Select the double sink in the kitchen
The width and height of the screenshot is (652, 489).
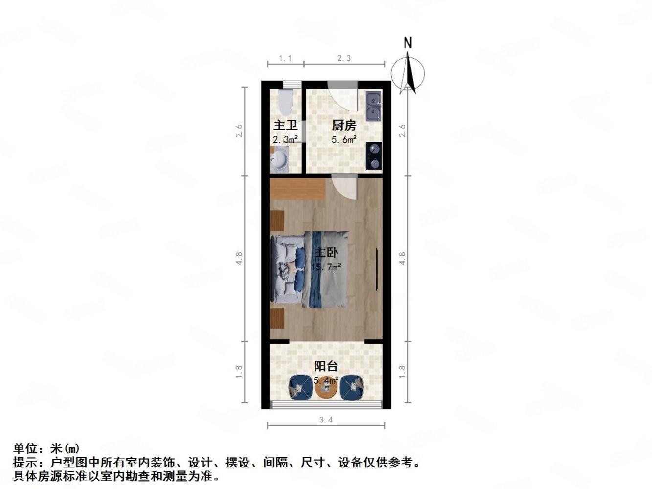[x=373, y=107]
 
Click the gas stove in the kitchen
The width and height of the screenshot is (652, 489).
[x=374, y=156]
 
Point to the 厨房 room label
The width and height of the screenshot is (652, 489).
[x=343, y=126]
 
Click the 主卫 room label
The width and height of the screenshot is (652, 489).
[x=285, y=126]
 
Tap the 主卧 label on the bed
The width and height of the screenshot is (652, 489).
[x=325, y=253]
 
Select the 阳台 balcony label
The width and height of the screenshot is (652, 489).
[x=326, y=366]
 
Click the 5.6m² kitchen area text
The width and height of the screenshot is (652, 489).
[x=343, y=140]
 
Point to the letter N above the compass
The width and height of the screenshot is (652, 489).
[x=408, y=43]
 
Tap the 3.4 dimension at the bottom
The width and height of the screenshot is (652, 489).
[x=326, y=420]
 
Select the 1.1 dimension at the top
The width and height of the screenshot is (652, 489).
[x=285, y=58]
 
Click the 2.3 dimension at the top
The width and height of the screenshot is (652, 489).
[x=344, y=58]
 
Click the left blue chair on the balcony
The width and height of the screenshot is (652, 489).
[x=300, y=388]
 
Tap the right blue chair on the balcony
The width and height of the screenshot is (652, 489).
[x=352, y=388]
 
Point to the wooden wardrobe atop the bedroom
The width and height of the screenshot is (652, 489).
[x=297, y=189]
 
